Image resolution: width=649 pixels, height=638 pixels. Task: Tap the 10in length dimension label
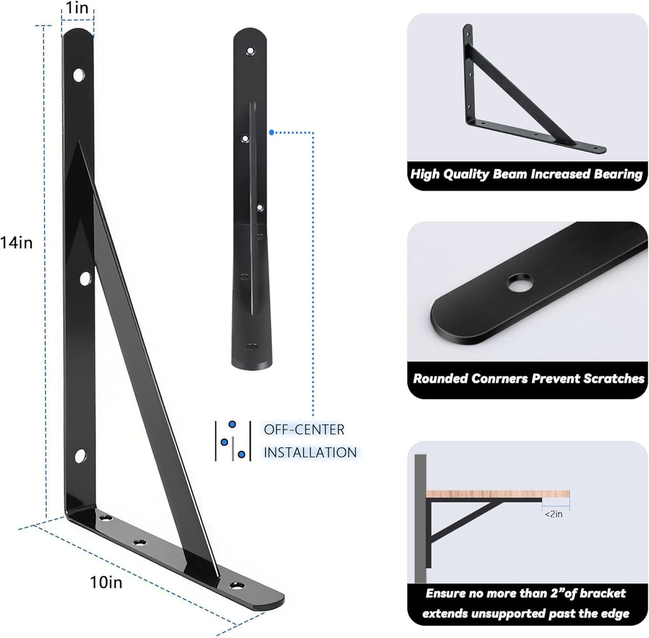point(106,583)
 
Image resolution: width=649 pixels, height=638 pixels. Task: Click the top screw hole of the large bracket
point(79,75)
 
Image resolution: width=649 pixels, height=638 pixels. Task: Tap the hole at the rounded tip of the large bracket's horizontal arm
point(237,585)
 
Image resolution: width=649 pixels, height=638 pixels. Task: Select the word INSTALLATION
point(310,452)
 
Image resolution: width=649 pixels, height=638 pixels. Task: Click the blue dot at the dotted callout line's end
point(271,132)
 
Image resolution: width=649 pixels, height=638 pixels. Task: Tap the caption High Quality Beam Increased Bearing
point(526,174)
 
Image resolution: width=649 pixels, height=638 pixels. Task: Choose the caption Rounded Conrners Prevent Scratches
point(529,379)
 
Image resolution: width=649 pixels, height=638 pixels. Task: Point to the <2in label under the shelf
point(554,514)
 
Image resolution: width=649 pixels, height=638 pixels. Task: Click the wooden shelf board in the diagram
point(498,494)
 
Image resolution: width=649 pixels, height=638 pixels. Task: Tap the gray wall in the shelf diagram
point(420,526)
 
